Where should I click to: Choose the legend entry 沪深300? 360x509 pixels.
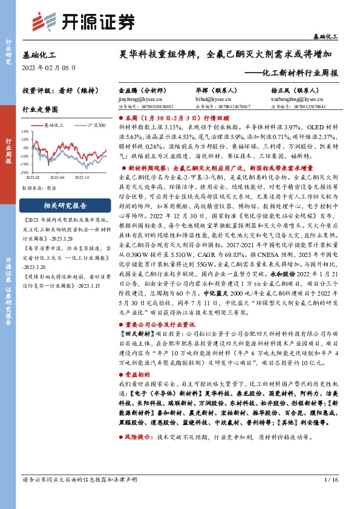(96, 124)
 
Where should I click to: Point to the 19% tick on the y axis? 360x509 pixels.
(26, 131)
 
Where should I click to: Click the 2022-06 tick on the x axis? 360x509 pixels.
(57, 177)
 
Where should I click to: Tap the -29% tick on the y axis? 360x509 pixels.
(25, 172)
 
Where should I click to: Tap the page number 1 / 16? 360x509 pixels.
(330, 497)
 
